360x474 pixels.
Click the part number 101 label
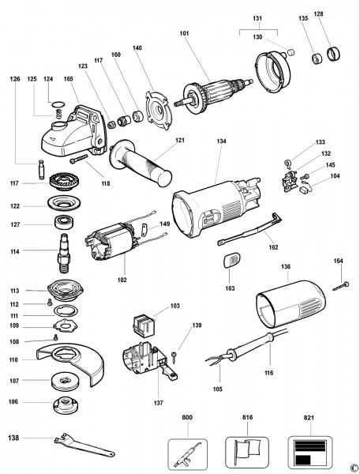185,34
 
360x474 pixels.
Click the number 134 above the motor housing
220,141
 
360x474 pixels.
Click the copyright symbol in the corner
352,467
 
